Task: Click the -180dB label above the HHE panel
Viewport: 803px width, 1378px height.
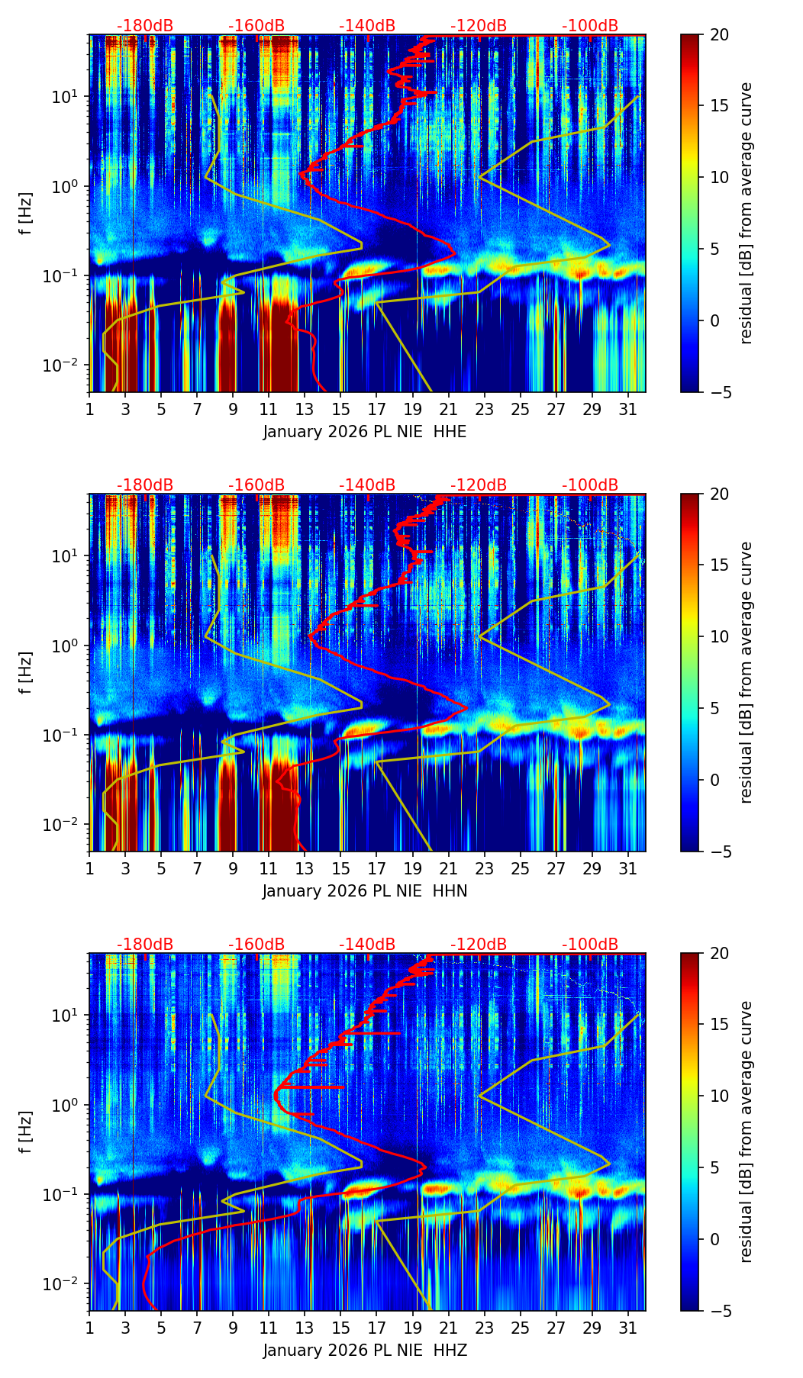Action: coord(145,26)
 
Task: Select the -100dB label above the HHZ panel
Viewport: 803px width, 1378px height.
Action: coord(590,945)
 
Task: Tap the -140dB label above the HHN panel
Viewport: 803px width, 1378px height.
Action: coord(367,485)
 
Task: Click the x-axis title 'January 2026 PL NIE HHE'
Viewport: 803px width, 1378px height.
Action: coord(365,432)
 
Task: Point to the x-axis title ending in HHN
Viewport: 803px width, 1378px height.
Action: coord(365,891)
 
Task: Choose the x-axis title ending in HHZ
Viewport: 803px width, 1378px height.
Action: coord(365,1351)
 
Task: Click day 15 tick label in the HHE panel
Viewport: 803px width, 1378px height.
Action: coord(340,408)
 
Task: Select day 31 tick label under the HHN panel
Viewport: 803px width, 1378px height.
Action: coord(627,868)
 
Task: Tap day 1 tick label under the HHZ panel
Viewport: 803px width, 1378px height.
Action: coord(90,1327)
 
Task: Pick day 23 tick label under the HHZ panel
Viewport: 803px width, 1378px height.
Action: coord(484,1327)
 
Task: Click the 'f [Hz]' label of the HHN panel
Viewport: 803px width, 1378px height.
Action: coord(26,672)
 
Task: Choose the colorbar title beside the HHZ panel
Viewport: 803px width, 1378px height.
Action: coord(746,1132)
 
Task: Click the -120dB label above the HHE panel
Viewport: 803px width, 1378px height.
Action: coord(479,26)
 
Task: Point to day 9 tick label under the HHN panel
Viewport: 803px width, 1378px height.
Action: coord(233,868)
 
